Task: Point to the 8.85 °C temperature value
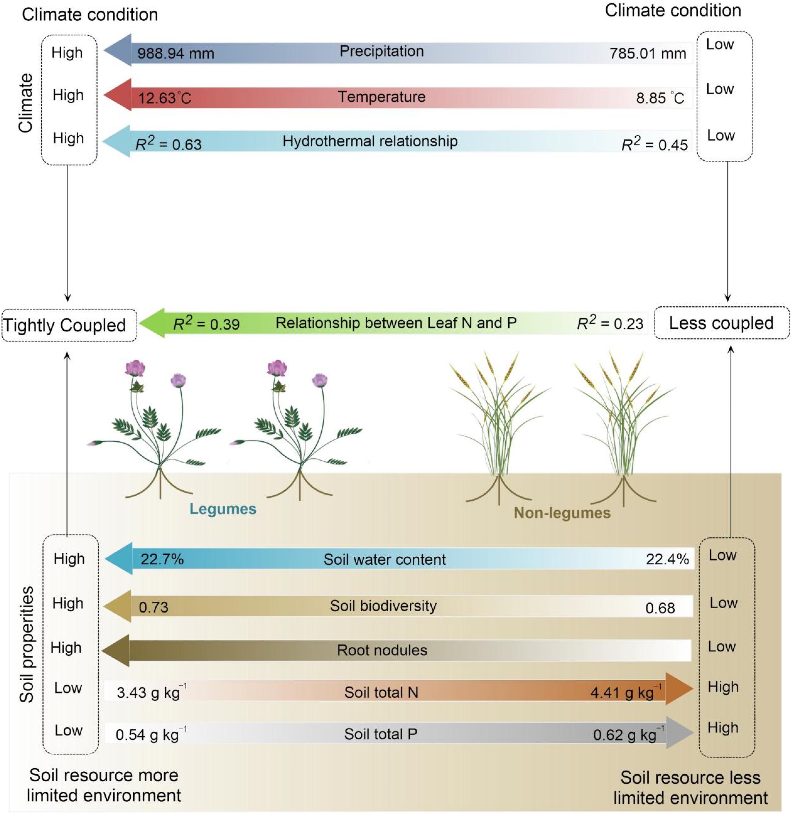coord(660,98)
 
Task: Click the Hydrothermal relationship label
coord(370,141)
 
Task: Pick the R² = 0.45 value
coord(654,144)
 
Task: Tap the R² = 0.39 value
coord(206,324)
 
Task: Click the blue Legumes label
coord(223,509)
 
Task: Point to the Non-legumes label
coord(562,513)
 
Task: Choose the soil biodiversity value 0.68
coord(660,608)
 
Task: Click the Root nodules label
coord(382,650)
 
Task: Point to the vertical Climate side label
coord(26,103)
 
